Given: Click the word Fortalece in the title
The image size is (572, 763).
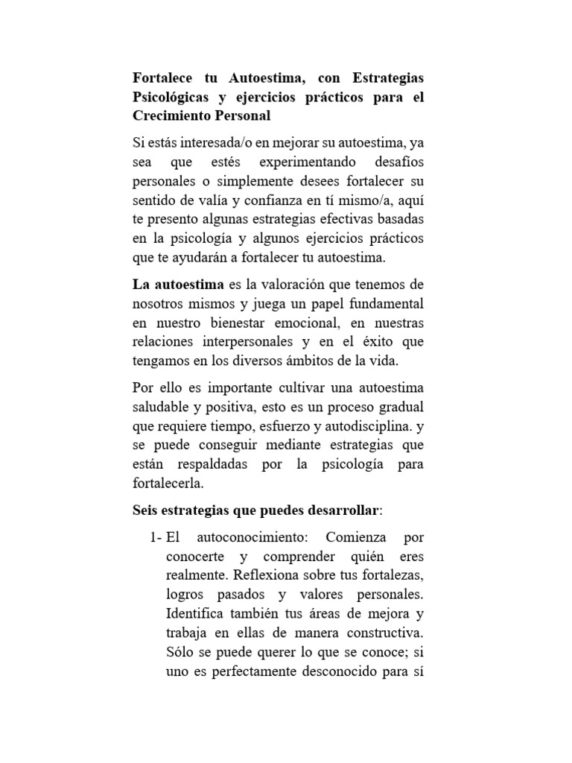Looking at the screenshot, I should (165, 77).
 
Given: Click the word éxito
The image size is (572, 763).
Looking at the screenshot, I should (378, 341).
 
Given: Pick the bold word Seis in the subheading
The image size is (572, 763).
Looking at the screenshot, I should (146, 511).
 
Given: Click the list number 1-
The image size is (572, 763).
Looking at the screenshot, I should (155, 536).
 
